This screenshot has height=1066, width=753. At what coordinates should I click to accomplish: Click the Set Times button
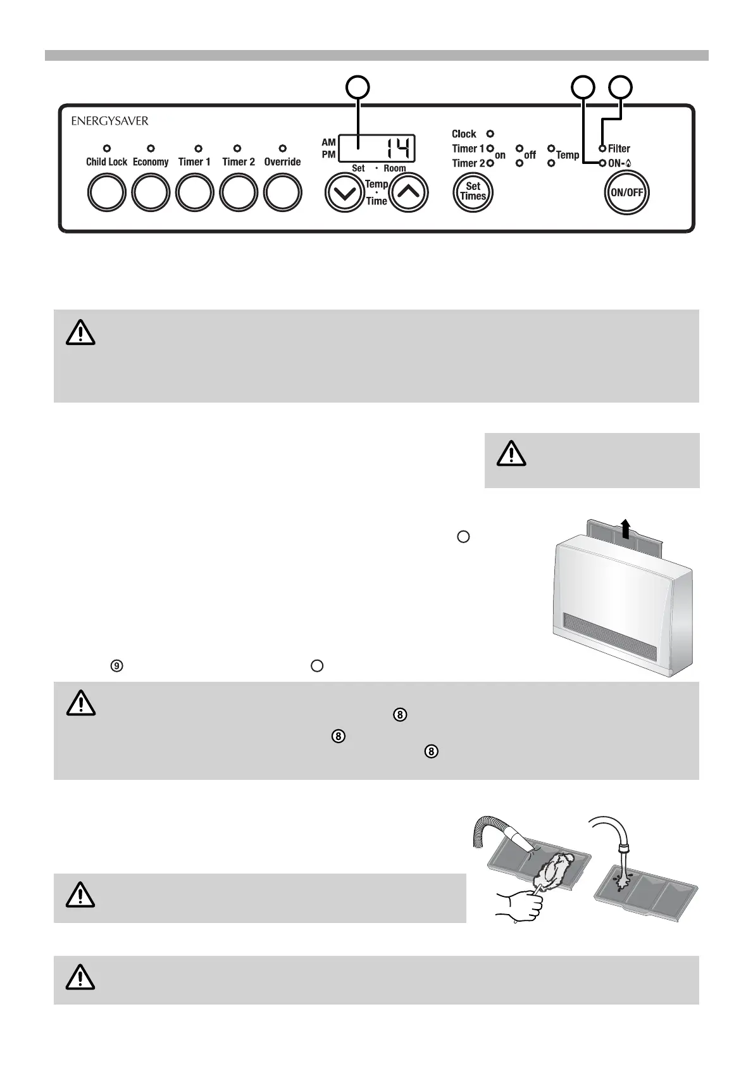473,191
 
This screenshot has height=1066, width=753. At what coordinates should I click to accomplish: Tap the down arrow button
345,192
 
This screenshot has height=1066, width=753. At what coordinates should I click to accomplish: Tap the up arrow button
408,192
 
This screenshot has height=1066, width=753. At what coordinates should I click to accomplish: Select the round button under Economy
151,192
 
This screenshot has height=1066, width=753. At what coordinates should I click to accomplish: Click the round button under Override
282,192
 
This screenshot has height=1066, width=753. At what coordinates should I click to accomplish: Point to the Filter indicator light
603,149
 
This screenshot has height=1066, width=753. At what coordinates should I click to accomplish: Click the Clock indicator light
490,134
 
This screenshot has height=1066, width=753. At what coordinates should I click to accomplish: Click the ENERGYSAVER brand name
109,120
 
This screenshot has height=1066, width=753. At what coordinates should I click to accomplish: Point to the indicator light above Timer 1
198,149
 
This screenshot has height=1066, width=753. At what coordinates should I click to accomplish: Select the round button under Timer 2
239,192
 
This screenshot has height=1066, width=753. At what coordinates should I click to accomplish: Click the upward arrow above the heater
626,527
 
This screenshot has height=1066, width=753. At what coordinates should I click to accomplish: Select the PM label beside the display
328,154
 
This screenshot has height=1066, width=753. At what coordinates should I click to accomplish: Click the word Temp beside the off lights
568,155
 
